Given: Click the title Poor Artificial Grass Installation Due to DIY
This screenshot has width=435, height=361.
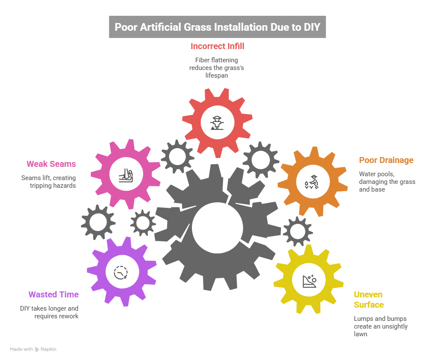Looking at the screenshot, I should click(217, 26).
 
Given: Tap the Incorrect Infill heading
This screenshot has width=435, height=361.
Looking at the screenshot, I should click(217, 46).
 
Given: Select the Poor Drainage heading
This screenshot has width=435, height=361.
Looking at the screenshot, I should click(386, 160).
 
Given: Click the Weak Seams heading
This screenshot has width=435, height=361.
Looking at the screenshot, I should click(51, 164).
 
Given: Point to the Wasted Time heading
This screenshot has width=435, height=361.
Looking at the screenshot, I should click(54, 294).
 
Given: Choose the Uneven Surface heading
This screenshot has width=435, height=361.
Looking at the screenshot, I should click(368, 300).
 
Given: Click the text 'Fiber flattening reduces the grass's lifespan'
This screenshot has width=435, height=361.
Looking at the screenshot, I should click(217, 68).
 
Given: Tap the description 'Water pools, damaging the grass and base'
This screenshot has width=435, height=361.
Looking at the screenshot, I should click(387, 181).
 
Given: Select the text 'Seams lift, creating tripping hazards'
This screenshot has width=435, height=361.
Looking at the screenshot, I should click(49, 181).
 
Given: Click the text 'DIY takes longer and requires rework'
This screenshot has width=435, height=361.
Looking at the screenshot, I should click(49, 312).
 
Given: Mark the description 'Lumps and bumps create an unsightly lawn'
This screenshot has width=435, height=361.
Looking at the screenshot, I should click(380, 326).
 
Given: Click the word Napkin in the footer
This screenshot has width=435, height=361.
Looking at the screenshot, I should click(48, 349).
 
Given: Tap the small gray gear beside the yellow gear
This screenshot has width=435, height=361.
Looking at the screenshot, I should click(297, 231).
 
